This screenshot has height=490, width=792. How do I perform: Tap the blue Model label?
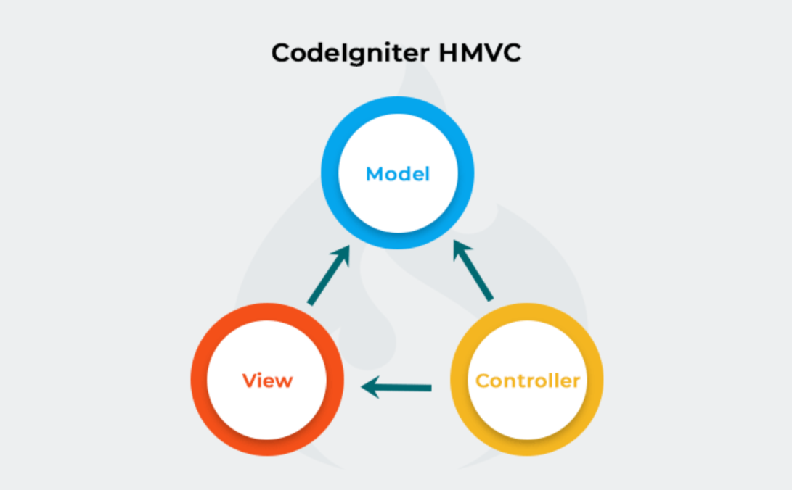[x=397, y=174]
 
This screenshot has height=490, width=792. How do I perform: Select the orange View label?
[x=267, y=380]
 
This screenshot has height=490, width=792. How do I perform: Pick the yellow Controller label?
[x=527, y=381]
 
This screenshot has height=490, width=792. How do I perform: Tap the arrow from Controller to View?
[x=398, y=388]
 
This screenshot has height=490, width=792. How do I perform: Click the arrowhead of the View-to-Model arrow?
[x=341, y=255]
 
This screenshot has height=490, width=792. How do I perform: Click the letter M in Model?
[x=374, y=174]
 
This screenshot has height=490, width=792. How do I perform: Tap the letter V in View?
[x=249, y=380]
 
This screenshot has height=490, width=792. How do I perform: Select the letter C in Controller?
[x=481, y=381]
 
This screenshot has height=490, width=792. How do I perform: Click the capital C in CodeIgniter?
[x=280, y=54]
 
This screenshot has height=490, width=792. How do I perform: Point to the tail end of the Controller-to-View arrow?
[x=430, y=388]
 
